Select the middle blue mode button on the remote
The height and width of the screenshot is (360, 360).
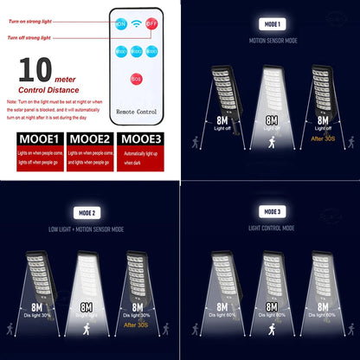pos(137,51)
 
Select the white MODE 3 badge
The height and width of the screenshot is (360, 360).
pos(271,212)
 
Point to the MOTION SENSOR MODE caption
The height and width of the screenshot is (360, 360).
pos(271,41)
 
